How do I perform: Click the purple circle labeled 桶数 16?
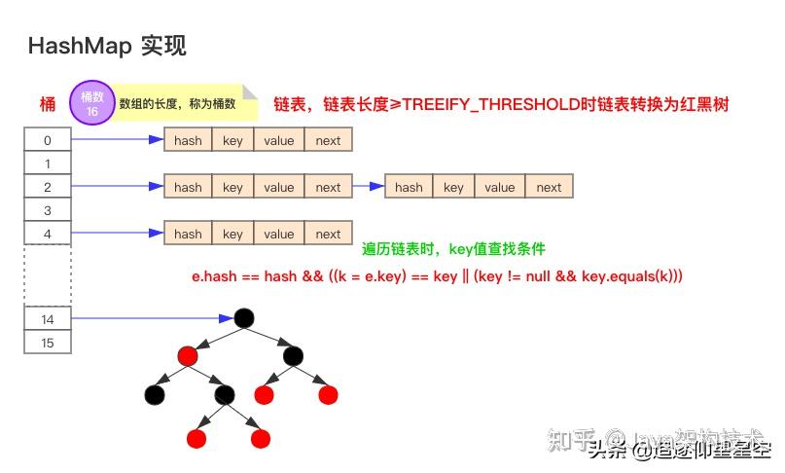tap(91, 103)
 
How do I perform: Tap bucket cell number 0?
tap(47, 140)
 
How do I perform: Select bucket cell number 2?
tap(47, 187)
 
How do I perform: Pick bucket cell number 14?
tap(47, 318)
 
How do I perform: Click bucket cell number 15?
tap(47, 343)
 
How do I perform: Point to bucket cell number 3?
tap(47, 210)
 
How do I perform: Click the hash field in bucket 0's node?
tap(188, 140)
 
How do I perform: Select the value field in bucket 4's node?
tap(278, 234)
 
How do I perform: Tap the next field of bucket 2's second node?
tap(549, 187)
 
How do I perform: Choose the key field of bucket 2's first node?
tap(232, 187)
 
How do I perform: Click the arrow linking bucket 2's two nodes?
tap(368, 187)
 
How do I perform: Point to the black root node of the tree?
tap(244, 318)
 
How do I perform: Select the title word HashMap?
tap(79, 46)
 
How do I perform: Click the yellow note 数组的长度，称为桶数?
tap(178, 103)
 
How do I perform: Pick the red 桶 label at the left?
tap(47, 104)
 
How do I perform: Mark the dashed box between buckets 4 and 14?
tap(47, 274)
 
